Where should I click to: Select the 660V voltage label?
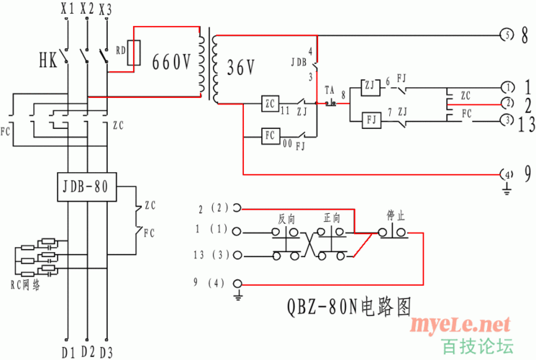(171, 63)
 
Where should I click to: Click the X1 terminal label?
(67, 9)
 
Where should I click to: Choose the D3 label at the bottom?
(106, 352)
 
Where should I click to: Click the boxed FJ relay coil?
(370, 119)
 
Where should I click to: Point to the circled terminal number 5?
(507, 35)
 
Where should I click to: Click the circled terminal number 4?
(507, 174)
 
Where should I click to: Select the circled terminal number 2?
(507, 103)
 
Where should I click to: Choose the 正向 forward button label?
(332, 217)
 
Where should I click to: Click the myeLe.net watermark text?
(460, 325)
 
